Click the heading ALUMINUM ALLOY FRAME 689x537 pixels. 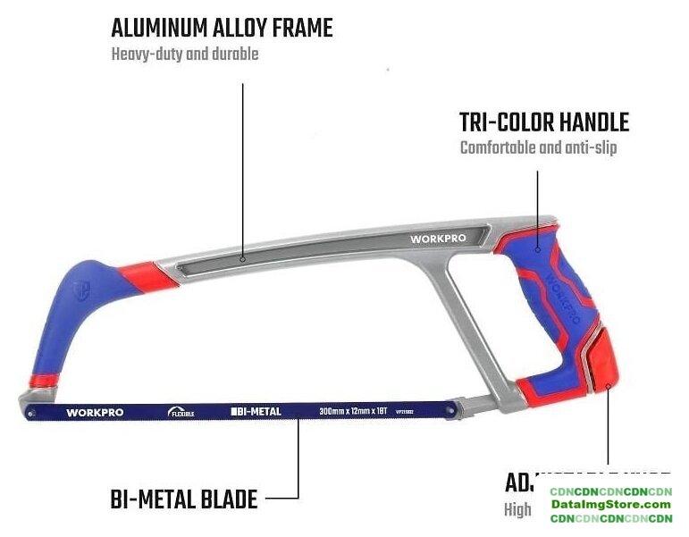tap(222, 29)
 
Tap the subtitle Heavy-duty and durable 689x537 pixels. tap(185, 55)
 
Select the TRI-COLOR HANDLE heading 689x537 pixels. tap(544, 122)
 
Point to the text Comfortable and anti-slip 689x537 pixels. tap(538, 147)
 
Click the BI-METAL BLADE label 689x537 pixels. tap(184, 499)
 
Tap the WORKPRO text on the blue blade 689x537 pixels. tap(95, 413)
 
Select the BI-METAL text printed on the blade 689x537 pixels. tap(257, 412)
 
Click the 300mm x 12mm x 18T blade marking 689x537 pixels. tap(355, 412)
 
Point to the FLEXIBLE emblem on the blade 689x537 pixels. tap(181, 412)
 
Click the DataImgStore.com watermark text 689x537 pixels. tap(610, 505)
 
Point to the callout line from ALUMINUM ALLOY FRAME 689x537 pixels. tap(242, 170)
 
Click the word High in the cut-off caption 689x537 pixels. tap(517, 510)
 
